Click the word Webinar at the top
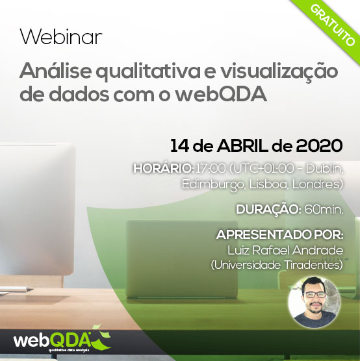pos(61,36)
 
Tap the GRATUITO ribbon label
pos(332,25)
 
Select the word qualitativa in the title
pos(148,72)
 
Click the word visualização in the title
pos(279,72)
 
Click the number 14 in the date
pos(180,145)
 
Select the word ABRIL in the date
pos(242,145)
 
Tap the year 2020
pos(319,145)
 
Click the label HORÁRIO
pos(163,168)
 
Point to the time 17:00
pos(211,168)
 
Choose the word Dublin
pos(324,168)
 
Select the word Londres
pos(318,184)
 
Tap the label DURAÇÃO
pos(268,210)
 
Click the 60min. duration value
pos(324,210)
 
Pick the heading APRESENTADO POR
pos(279,235)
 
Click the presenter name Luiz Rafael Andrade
pos(285,250)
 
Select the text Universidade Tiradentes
pos(277,265)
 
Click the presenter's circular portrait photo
pos(314,303)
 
